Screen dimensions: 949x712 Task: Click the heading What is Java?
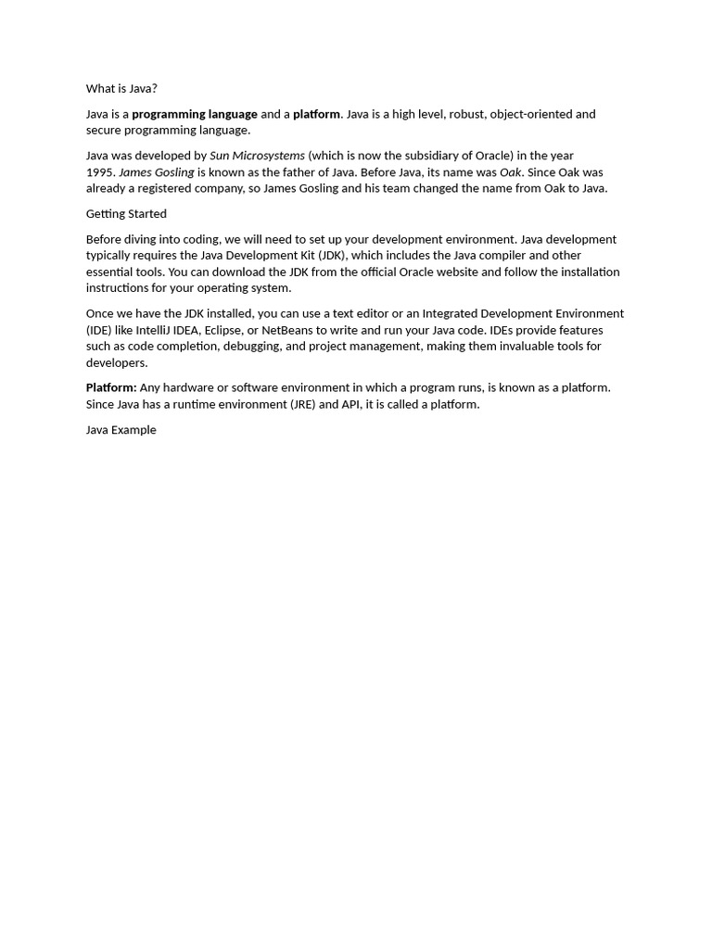(x=121, y=89)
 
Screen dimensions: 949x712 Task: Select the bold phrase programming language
(x=195, y=114)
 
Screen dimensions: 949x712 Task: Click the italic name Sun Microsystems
(x=257, y=156)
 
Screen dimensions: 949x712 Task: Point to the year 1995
(x=100, y=172)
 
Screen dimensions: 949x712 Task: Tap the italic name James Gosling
(x=157, y=172)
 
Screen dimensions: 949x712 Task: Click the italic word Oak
(x=511, y=172)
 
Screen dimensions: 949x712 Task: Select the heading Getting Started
(x=126, y=214)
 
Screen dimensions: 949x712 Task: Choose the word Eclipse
(x=222, y=330)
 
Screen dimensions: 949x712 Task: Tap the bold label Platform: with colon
(x=111, y=388)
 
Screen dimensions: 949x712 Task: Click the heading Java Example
(x=121, y=430)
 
